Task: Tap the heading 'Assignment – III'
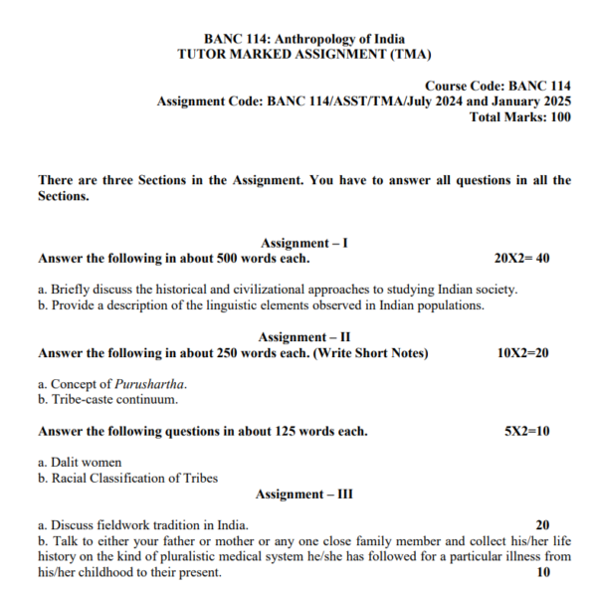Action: click(x=303, y=495)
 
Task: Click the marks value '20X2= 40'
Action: click(x=521, y=259)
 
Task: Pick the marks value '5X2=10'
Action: click(x=527, y=432)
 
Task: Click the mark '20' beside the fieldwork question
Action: click(x=542, y=525)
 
